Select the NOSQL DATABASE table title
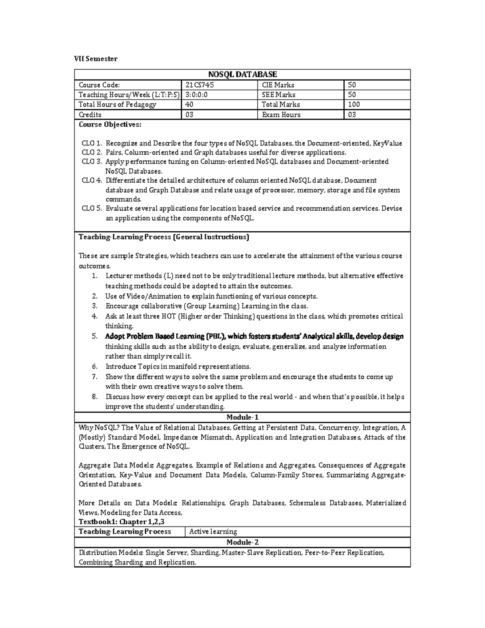(242, 74)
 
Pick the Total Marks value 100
(354, 104)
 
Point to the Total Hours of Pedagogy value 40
(189, 104)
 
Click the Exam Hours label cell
(281, 114)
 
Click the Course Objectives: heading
(110, 125)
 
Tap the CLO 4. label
(91, 180)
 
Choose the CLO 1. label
(91, 143)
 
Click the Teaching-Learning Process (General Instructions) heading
(164, 237)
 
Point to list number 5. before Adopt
(95, 336)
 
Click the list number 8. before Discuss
(95, 397)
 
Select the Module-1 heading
(242, 417)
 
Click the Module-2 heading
(242, 542)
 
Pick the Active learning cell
(213, 532)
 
